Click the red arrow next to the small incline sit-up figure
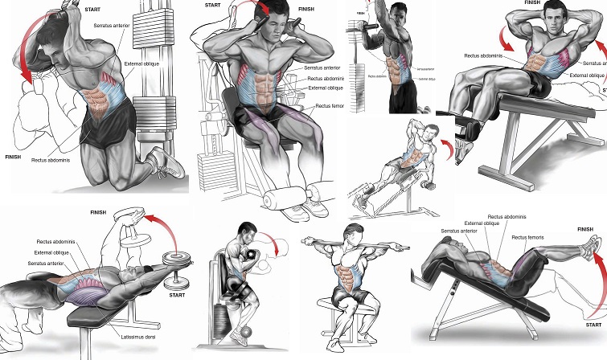point(444,149)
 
